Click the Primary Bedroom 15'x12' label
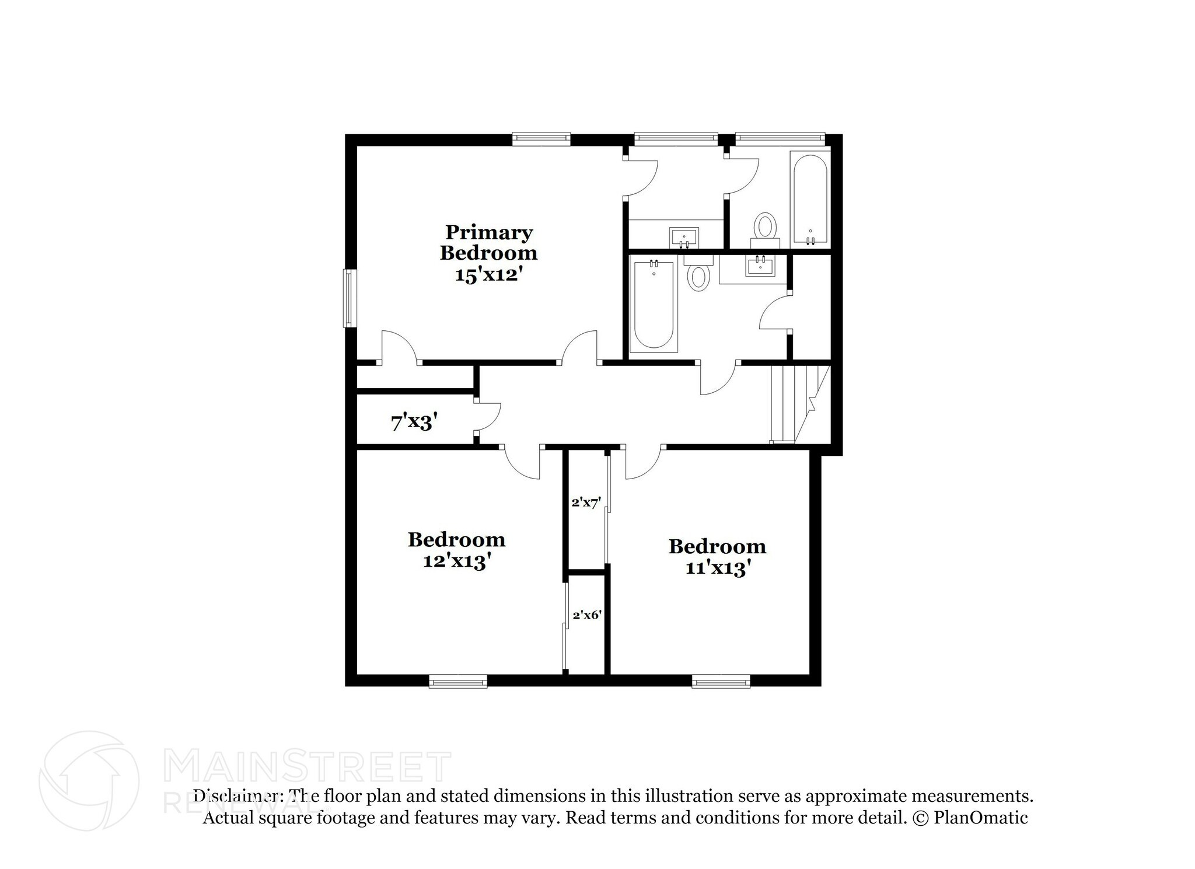[488, 253]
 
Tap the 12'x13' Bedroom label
[456, 550]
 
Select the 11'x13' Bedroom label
[717, 557]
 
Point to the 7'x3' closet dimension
[414, 422]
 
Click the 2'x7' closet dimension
[586, 502]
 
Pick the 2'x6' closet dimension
[587, 615]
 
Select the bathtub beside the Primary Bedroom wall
[654, 305]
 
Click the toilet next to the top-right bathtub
[765, 228]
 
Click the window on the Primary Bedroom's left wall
[349, 298]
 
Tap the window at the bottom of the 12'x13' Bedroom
[457, 682]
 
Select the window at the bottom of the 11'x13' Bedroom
[721, 682]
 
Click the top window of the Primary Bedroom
[541, 138]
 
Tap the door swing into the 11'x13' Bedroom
[642, 463]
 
